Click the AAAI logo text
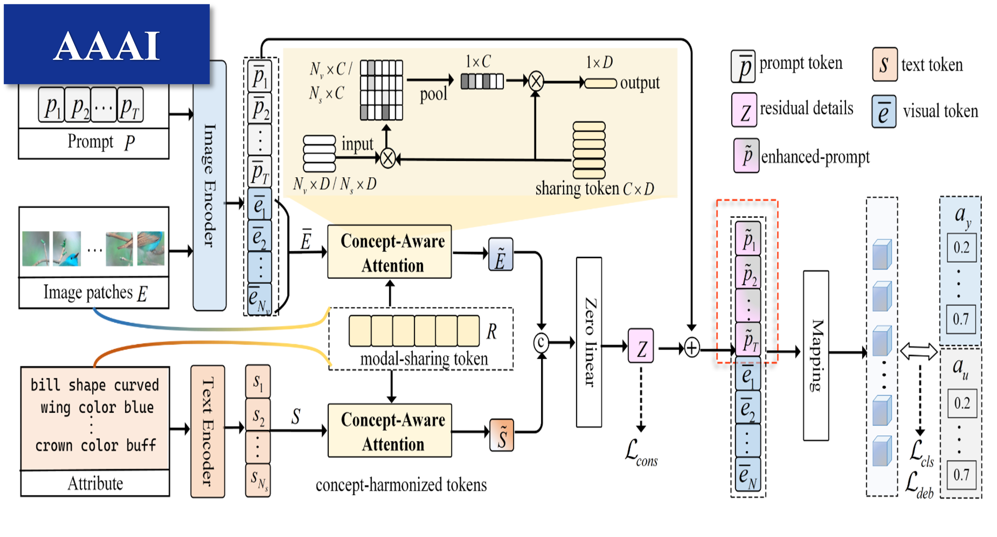pos(106,46)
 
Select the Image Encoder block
pos(209,185)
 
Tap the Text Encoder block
pos(207,431)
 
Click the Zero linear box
pos(589,342)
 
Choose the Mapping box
pos(816,355)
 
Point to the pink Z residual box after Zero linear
pos(640,346)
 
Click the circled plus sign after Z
pos(692,347)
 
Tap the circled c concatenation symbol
pos(541,343)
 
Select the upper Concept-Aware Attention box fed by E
pos(390,252)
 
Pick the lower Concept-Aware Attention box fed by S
pos(390,430)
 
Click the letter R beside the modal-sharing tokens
pos(491,331)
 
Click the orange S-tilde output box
pos(502,435)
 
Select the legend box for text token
pos(885,64)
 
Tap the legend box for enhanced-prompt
pos(746,156)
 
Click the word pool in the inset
pos(433,95)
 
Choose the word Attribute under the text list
pos(95,484)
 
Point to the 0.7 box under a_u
pos(962,475)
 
